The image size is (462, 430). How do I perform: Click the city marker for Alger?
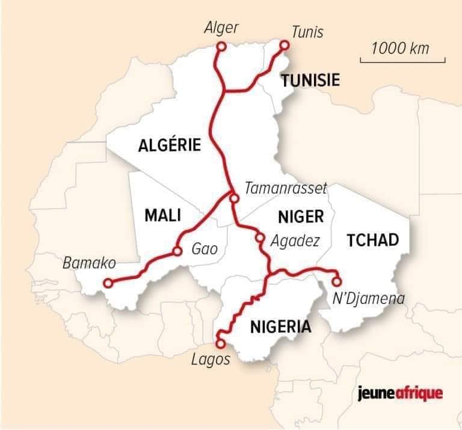(221, 46)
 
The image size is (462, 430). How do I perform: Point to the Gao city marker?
(177, 251)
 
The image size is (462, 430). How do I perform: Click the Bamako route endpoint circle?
(108, 282)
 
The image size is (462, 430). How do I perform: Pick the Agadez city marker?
(259, 237)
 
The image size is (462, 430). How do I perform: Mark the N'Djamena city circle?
(336, 281)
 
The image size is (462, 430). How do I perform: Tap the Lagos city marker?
(220, 343)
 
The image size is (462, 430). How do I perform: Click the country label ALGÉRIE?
(169, 145)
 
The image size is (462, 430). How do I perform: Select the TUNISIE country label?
(310, 80)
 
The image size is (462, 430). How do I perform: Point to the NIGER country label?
(301, 217)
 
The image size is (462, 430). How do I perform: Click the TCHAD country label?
(373, 241)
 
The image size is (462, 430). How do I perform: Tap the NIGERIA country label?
(280, 327)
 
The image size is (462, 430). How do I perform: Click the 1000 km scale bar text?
(400, 48)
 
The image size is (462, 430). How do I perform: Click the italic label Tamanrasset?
(286, 188)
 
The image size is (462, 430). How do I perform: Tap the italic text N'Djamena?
(369, 298)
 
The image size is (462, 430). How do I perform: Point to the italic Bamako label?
(88, 263)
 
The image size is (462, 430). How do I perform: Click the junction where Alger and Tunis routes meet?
(224, 91)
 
